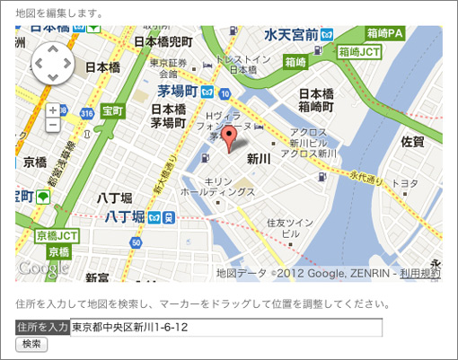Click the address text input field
point(226,328)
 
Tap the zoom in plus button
point(53,110)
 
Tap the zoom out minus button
point(53,125)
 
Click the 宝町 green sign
point(112,111)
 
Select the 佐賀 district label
point(412,142)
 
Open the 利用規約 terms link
point(420,272)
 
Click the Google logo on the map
point(42,268)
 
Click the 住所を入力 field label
point(42,328)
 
